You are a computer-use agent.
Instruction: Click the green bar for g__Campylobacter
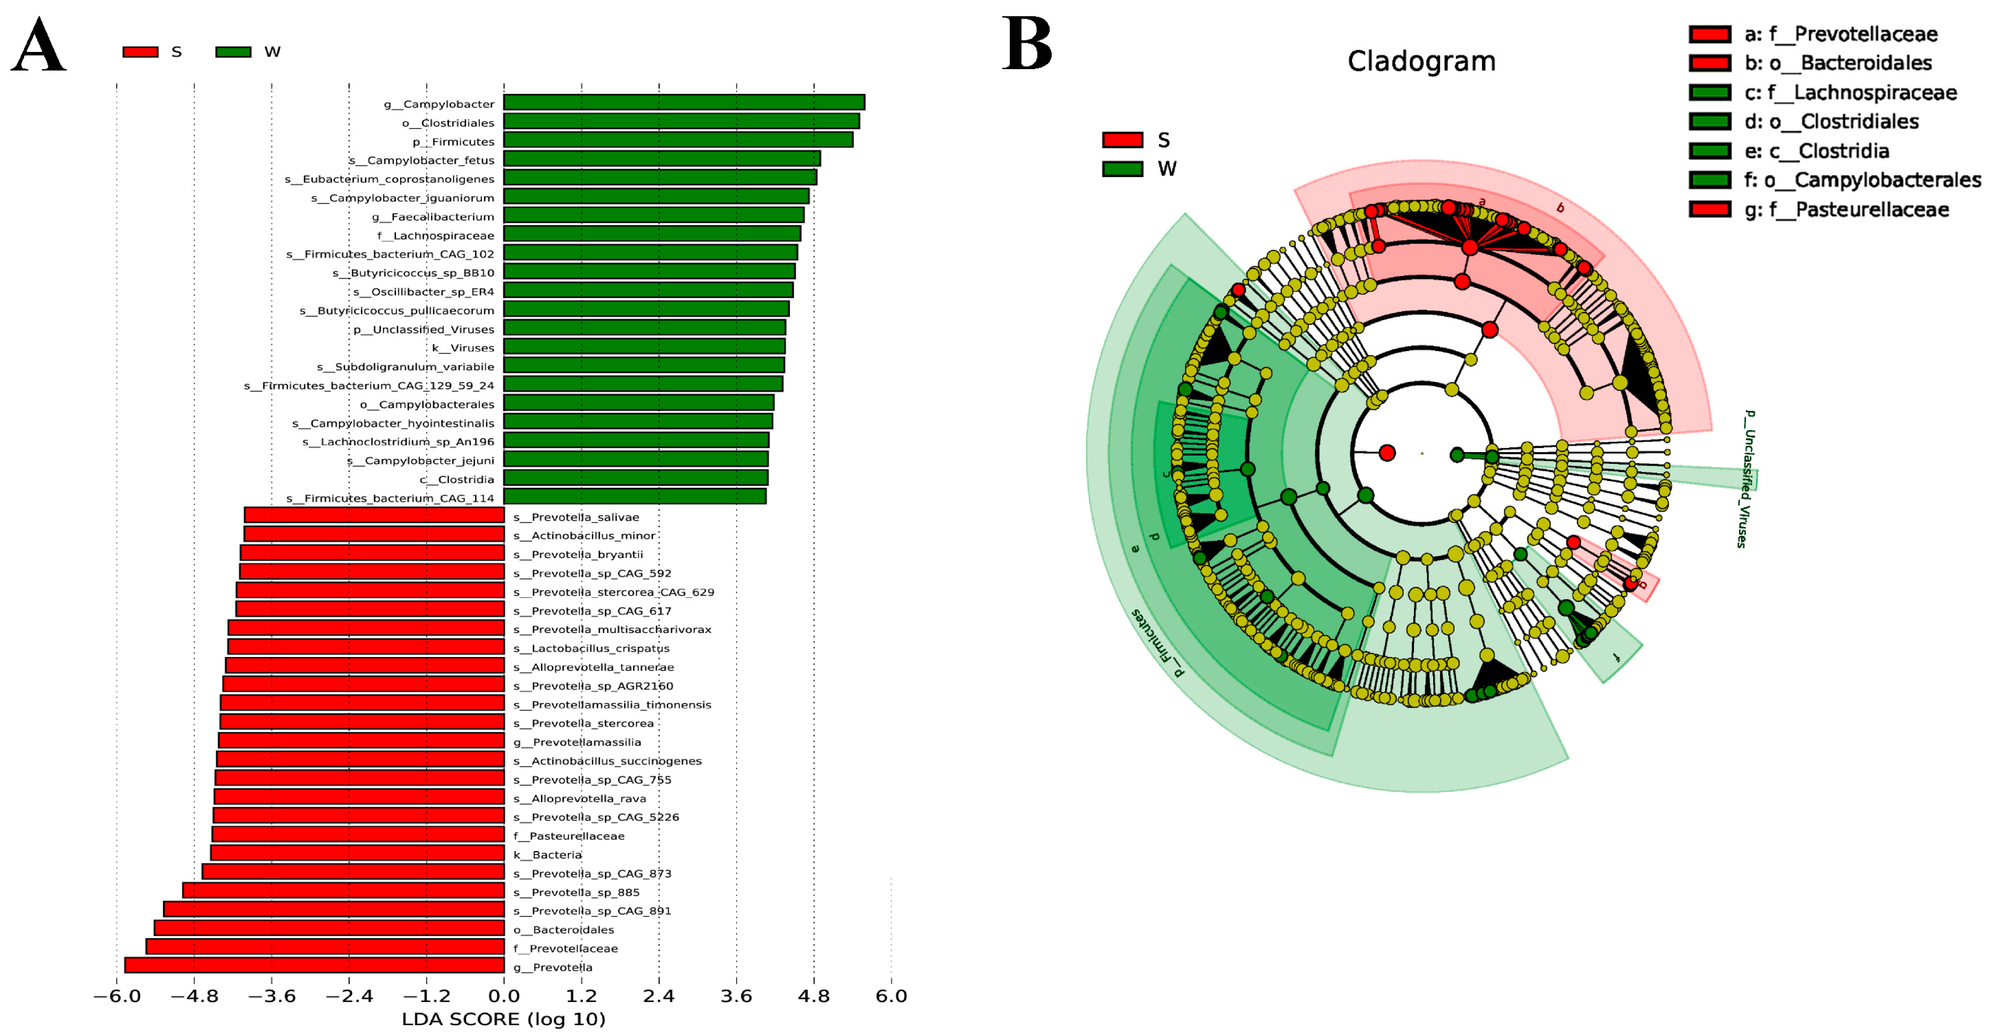click(683, 103)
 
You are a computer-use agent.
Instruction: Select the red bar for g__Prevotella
click(314, 965)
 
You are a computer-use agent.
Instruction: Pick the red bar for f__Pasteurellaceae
click(358, 834)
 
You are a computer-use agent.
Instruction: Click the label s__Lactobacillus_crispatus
click(591, 648)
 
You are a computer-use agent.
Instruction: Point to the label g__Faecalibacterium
click(432, 216)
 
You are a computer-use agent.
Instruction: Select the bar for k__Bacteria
click(357, 853)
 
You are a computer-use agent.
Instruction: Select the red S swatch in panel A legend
click(141, 52)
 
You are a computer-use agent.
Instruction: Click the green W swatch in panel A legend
click(233, 52)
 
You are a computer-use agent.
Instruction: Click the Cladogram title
click(1421, 61)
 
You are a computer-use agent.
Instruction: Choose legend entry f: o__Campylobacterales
click(1862, 180)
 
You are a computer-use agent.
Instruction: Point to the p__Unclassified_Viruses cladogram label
click(1747, 479)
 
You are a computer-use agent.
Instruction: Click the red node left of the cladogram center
click(1386, 453)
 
